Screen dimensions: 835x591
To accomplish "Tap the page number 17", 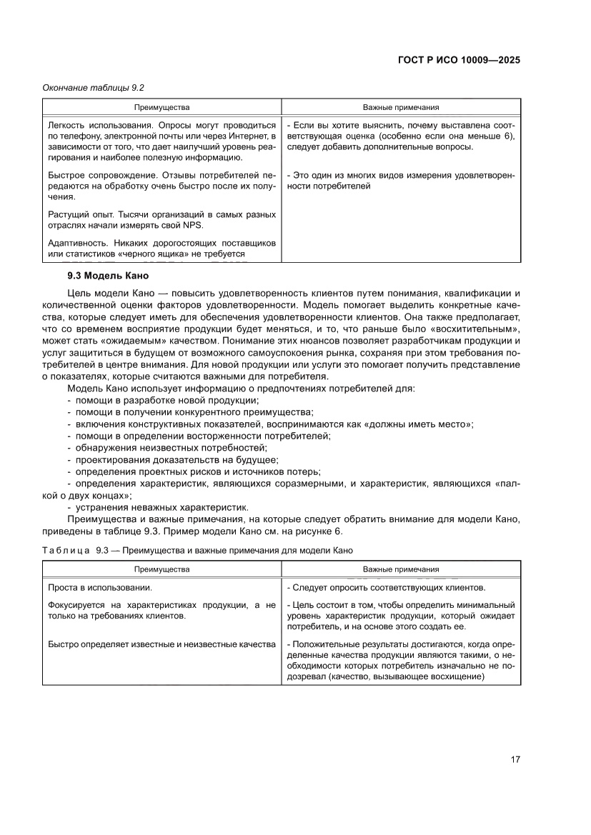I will [515, 759].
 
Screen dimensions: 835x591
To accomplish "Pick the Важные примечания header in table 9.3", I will [400, 570].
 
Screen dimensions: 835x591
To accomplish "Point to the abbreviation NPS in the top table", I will [192, 225].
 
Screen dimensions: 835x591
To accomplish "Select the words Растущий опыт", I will [76, 214].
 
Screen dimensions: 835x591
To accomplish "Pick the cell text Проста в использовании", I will [99, 588].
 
